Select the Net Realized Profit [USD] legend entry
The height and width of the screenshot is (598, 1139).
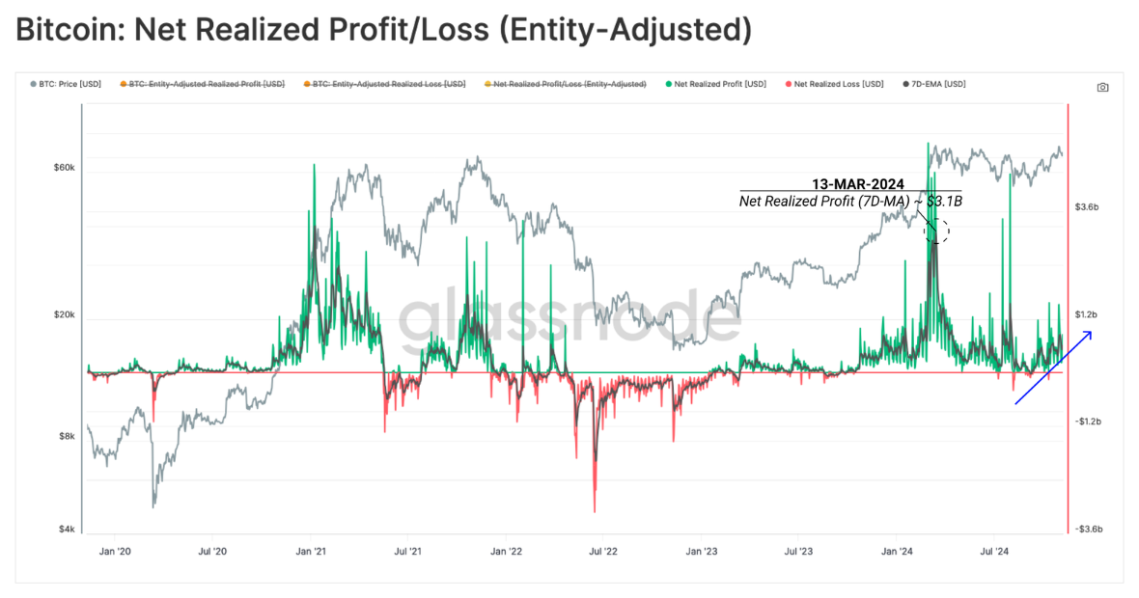[720, 85]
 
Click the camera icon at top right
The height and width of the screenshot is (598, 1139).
[1102, 87]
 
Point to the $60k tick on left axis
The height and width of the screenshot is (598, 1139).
[63, 168]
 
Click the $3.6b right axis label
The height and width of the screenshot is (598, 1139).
[1088, 207]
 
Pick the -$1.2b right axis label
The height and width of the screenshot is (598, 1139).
[1089, 421]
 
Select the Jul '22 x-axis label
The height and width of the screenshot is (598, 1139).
[603, 552]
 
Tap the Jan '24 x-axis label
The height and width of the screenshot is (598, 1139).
[898, 552]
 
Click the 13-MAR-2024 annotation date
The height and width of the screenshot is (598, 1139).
[857, 184]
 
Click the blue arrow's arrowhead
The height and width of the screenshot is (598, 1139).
[1089, 334]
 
